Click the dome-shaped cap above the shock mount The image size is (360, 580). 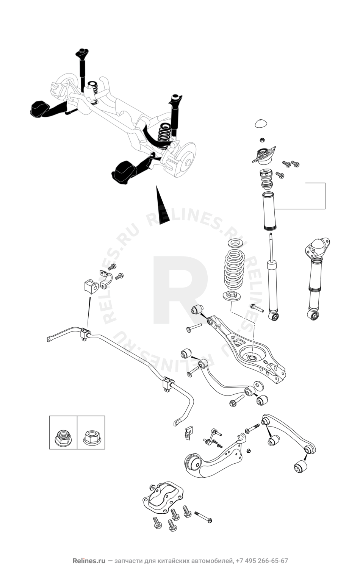(261, 123)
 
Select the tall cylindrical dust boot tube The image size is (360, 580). (268, 212)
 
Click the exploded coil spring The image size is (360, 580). (234, 271)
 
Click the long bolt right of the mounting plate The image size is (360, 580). (203, 517)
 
